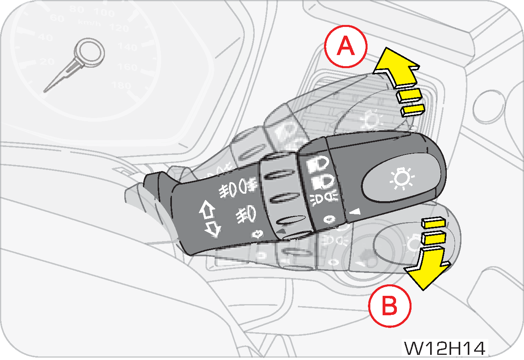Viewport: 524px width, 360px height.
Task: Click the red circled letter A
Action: [345, 46]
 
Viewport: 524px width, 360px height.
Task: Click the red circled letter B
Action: [389, 306]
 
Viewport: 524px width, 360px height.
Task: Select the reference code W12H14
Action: [444, 348]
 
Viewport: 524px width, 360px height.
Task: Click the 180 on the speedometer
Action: [122, 85]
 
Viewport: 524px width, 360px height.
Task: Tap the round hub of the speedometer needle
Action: [90, 50]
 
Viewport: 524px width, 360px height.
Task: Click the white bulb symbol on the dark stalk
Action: [401, 179]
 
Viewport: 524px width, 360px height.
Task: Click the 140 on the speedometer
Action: [128, 47]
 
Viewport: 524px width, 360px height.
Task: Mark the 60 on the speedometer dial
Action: [58, 18]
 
